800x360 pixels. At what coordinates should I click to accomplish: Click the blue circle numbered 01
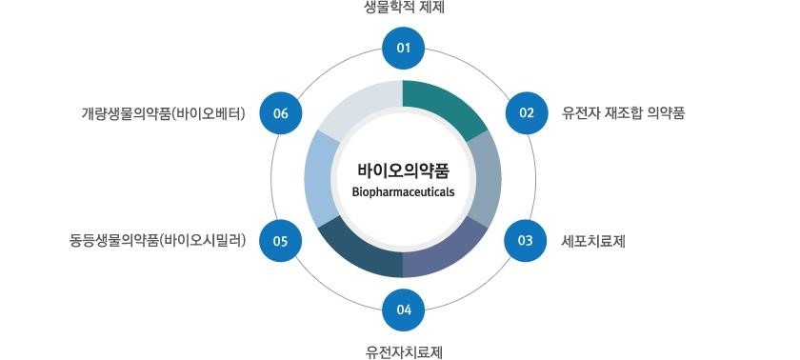click(x=403, y=49)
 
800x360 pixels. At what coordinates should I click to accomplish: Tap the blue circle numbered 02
click(x=526, y=112)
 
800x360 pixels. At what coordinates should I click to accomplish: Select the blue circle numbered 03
click(x=526, y=240)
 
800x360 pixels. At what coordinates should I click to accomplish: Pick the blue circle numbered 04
click(x=403, y=309)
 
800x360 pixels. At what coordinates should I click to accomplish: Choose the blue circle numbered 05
click(x=280, y=240)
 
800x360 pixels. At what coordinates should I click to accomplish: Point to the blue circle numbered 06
click(x=280, y=112)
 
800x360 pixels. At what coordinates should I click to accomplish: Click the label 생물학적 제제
click(x=404, y=9)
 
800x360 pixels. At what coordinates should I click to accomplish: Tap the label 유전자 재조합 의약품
click(x=623, y=113)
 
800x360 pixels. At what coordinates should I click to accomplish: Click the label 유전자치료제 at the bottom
click(x=404, y=350)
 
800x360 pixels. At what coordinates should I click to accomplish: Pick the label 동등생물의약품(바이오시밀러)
click(x=158, y=241)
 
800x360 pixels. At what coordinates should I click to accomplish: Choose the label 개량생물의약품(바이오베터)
click(x=164, y=113)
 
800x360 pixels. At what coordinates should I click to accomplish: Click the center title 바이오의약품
click(x=403, y=170)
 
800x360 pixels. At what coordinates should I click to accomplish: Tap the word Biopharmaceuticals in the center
click(x=403, y=191)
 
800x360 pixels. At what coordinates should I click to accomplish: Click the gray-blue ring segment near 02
click(x=487, y=176)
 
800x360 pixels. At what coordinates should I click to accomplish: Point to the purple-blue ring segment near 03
click(x=448, y=250)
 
